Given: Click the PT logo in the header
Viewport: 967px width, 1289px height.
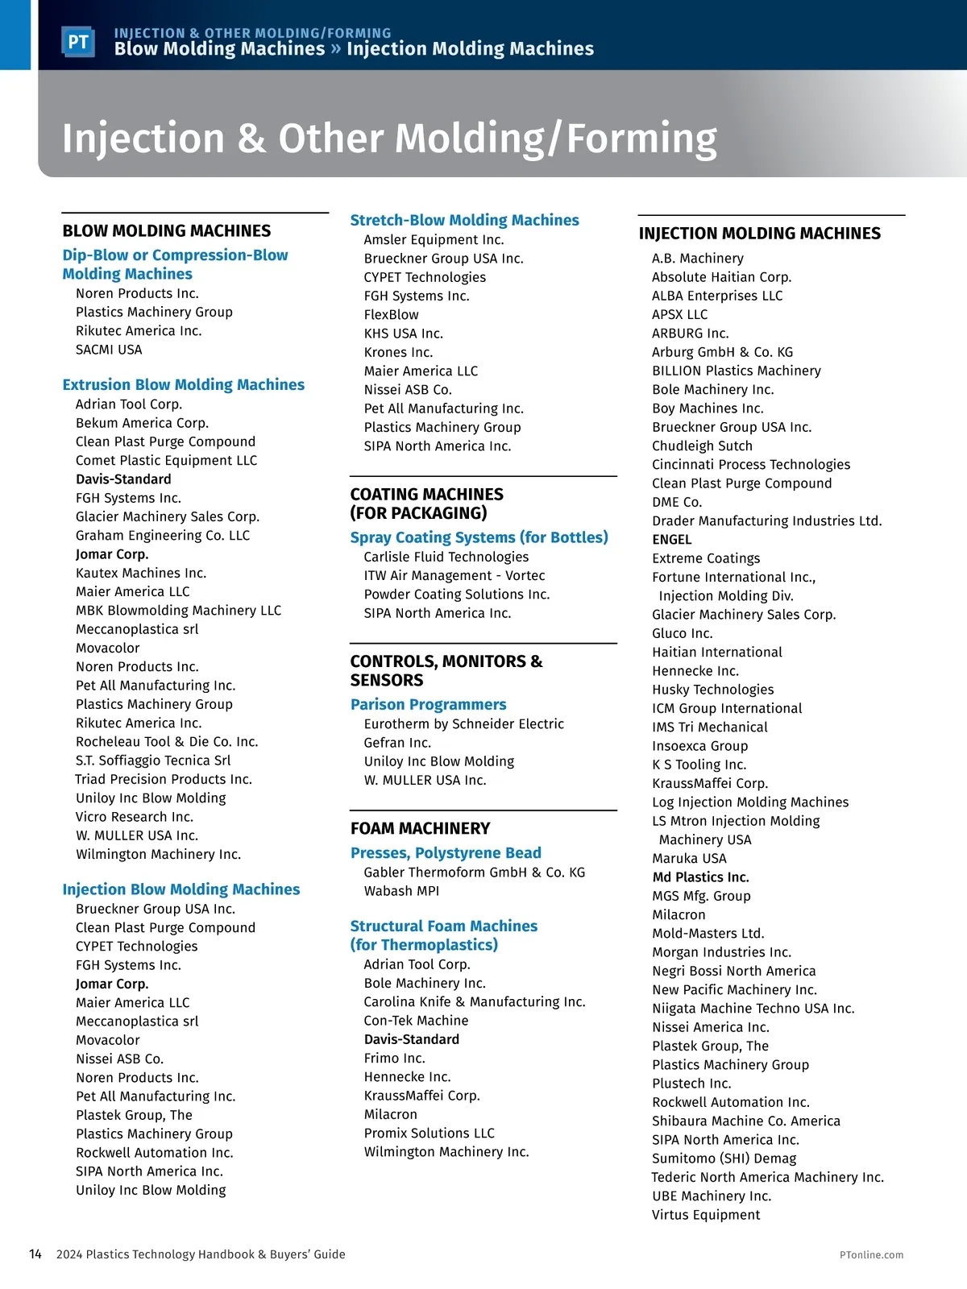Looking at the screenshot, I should point(78,42).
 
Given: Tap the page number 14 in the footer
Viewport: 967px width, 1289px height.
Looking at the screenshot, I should point(35,1254).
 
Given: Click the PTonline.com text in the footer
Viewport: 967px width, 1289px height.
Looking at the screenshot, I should point(871,1254).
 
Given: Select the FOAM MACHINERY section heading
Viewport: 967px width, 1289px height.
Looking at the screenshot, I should point(420,828).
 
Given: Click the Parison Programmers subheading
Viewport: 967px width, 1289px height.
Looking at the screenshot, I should point(428,704).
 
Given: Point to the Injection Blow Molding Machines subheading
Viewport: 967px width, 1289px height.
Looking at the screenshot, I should point(181,889).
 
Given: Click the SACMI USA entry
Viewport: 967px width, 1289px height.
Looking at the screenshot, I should point(109,350).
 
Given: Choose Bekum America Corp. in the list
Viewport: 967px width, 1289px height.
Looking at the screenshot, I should point(142,423).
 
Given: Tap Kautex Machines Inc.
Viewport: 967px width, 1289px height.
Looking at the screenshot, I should point(141,573).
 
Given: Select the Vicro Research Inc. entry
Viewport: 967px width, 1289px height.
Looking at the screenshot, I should point(135,817).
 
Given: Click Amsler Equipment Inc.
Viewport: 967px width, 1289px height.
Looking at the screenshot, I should point(434,239).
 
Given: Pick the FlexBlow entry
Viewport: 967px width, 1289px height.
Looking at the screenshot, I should point(391,314).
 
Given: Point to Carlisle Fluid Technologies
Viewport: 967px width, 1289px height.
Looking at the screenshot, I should point(446,557).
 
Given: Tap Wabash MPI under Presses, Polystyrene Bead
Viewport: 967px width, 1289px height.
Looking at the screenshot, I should point(401,891).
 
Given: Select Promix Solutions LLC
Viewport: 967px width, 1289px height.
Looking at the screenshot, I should point(429,1133).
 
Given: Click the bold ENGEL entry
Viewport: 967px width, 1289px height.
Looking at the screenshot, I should point(671,540).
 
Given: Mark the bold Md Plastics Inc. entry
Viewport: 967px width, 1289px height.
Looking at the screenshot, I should point(700,877).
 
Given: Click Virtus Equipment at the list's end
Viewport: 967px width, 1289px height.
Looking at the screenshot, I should point(706,1215).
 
